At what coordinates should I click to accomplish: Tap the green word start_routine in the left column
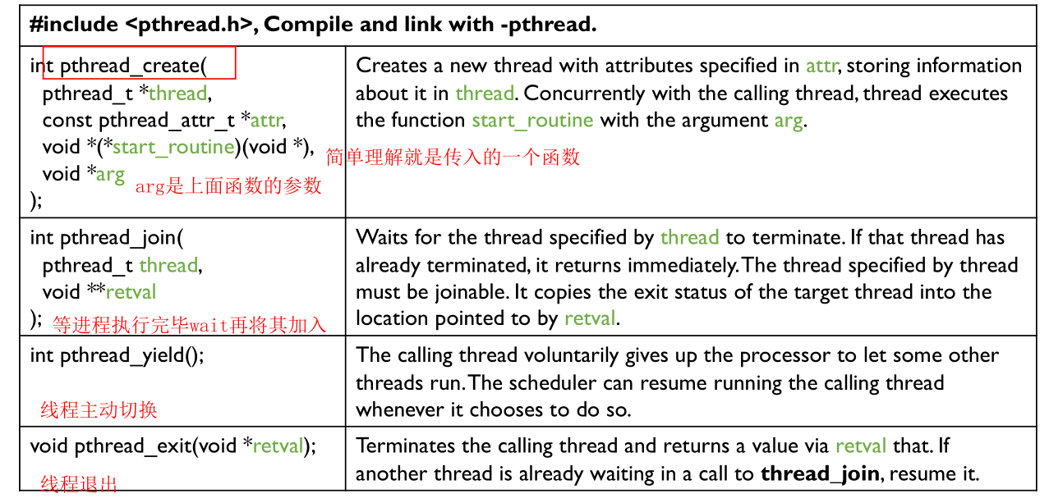pyautogui.click(x=173, y=148)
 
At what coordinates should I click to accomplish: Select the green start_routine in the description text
pyautogui.click(x=532, y=121)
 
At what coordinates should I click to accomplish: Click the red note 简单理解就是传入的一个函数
pyautogui.click(x=453, y=158)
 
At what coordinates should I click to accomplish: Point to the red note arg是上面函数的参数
pyautogui.click(x=228, y=186)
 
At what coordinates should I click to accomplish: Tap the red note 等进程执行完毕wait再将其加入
pyautogui.click(x=189, y=325)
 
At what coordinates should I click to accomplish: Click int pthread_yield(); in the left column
pyautogui.click(x=117, y=356)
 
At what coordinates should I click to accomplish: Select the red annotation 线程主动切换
pyautogui.click(x=99, y=410)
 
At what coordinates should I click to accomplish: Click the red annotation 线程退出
pyautogui.click(x=79, y=484)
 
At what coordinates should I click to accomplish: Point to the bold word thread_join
pyautogui.click(x=820, y=474)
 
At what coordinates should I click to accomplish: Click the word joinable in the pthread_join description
pyautogui.click(x=472, y=292)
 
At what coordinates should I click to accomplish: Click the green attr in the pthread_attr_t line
pyautogui.click(x=268, y=121)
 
